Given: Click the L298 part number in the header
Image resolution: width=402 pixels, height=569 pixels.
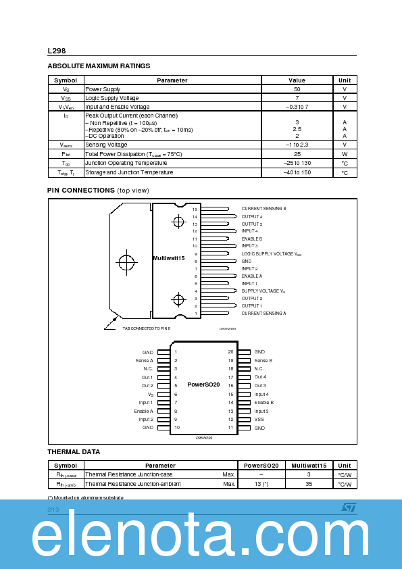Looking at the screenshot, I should click(56, 51).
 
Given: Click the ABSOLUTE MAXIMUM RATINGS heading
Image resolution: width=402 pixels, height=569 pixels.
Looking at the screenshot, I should click(99, 66).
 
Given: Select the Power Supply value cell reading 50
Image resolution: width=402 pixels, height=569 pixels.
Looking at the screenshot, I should click(297, 89).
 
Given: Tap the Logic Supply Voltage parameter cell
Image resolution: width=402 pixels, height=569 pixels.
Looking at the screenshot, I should click(112, 98).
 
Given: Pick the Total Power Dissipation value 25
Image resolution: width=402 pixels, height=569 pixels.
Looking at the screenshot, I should click(297, 154).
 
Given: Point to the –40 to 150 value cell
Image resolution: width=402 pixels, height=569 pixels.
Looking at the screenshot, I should click(297, 172).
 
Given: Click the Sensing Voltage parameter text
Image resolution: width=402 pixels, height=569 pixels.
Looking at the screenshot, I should click(106, 145).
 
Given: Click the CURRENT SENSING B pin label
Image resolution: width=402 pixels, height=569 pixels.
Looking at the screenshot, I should click(263, 209).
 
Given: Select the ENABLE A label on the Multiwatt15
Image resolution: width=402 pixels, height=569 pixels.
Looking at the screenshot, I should click(251, 276).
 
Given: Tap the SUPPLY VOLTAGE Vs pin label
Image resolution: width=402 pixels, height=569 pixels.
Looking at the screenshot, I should click(263, 291).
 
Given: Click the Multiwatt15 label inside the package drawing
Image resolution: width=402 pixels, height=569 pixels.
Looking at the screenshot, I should click(168, 258).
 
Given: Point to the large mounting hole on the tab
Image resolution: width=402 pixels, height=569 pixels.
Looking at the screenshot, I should click(127, 262).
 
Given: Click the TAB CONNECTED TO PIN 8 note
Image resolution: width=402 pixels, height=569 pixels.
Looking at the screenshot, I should click(147, 328).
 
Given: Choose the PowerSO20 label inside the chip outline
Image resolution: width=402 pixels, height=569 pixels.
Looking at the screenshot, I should click(203, 385).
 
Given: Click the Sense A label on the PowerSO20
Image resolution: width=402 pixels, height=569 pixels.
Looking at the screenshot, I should click(144, 360).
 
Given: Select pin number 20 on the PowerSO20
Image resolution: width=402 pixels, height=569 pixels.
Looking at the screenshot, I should click(230, 352).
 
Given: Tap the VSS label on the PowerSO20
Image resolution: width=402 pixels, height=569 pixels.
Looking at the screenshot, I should click(259, 419).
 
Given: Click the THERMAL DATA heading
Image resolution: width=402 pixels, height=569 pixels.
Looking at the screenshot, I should click(74, 451).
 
